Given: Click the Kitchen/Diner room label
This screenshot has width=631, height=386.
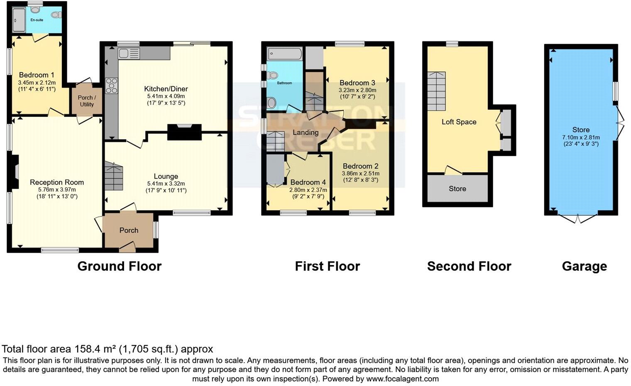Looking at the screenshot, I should coord(166,89).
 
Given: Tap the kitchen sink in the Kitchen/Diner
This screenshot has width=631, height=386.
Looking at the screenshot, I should coord(129,53).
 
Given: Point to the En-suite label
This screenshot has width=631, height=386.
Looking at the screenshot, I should coord(37,20).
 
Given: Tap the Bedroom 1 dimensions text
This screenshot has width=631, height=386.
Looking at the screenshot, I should coord(37,86).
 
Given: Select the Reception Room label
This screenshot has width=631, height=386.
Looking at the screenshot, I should coord(57,182).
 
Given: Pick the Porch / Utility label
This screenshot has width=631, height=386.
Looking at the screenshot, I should coord(87,101).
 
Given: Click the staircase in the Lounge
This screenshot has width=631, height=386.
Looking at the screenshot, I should coord(113,177).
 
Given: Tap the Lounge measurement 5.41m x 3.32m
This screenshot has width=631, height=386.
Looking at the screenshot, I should coord(166,184).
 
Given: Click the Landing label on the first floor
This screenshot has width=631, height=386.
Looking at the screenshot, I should coord(306,133).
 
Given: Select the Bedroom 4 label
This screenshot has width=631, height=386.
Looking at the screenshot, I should coord(308,182).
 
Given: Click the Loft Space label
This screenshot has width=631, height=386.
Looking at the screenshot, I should coord(459,122).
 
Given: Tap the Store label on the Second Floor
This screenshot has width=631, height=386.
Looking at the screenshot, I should coord(457,189).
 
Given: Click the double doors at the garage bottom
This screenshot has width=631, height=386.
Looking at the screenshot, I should coord(577,218).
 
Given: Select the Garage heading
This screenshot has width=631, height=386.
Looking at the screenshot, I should coord(584,266).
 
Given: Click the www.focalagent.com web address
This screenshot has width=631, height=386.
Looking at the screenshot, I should coord(402,379).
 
